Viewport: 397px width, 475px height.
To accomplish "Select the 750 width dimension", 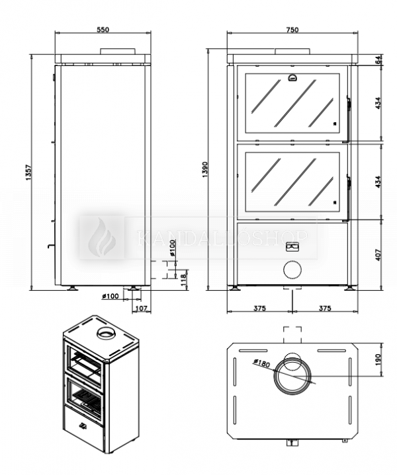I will click(x=292, y=29).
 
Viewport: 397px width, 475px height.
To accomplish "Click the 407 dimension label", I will click(x=378, y=254).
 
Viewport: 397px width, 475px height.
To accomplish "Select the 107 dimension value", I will click(x=140, y=308).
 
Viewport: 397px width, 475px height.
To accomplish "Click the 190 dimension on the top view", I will click(x=378, y=359).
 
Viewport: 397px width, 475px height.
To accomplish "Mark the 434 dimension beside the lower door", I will click(x=378, y=183).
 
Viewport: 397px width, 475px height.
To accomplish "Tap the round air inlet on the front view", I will click(x=292, y=270).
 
